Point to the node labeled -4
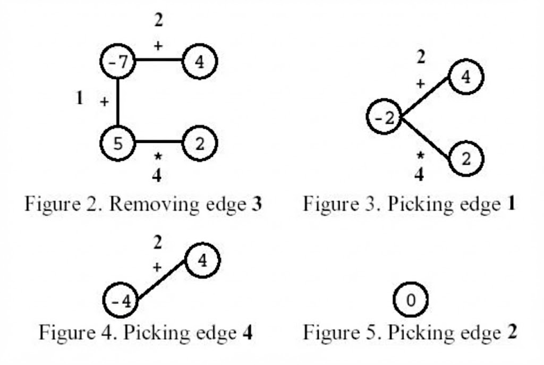click(x=120, y=301)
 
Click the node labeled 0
click(x=410, y=300)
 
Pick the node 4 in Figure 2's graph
click(x=199, y=63)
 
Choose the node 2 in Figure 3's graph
click(x=466, y=159)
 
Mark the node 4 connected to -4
click(x=202, y=261)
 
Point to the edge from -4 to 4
click(x=161, y=282)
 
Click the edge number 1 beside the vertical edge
click(x=80, y=98)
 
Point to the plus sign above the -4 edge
click(x=157, y=267)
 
